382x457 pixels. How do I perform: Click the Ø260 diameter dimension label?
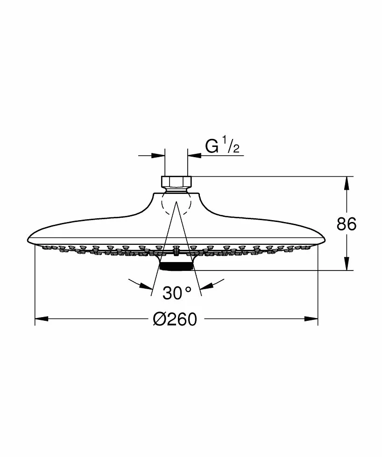175,319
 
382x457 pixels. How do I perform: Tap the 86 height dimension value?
347,224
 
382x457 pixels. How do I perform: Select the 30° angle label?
177,293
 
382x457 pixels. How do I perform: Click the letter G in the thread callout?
212,146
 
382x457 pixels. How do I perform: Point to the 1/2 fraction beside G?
232,145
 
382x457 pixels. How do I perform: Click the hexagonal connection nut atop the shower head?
176,181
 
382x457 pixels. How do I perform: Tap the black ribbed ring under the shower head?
177,266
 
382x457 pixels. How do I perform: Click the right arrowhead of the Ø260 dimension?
311,319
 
